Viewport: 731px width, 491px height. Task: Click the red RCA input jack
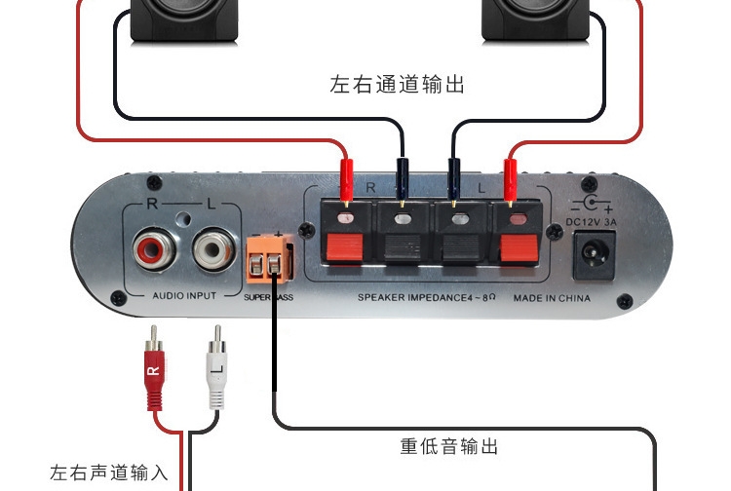click(x=154, y=250)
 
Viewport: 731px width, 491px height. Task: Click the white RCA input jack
click(x=214, y=249)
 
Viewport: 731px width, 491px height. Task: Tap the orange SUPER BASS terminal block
click(x=269, y=259)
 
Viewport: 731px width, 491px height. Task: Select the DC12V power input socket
click(x=595, y=255)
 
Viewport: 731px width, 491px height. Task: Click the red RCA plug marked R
click(x=154, y=368)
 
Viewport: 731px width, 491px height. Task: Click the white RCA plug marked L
click(x=216, y=367)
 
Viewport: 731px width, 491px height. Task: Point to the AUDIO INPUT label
click(x=184, y=296)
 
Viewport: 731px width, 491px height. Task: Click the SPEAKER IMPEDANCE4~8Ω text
click(x=426, y=297)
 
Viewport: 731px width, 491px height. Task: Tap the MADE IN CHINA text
click(x=552, y=298)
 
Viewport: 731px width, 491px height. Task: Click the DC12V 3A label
click(x=592, y=222)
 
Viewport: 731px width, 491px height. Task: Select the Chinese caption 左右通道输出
click(x=398, y=85)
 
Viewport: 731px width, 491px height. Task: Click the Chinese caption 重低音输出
click(x=449, y=446)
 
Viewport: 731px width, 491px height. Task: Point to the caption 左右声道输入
click(x=108, y=472)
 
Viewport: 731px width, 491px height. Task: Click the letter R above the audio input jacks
click(x=152, y=204)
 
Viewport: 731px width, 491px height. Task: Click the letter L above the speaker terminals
click(x=481, y=188)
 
